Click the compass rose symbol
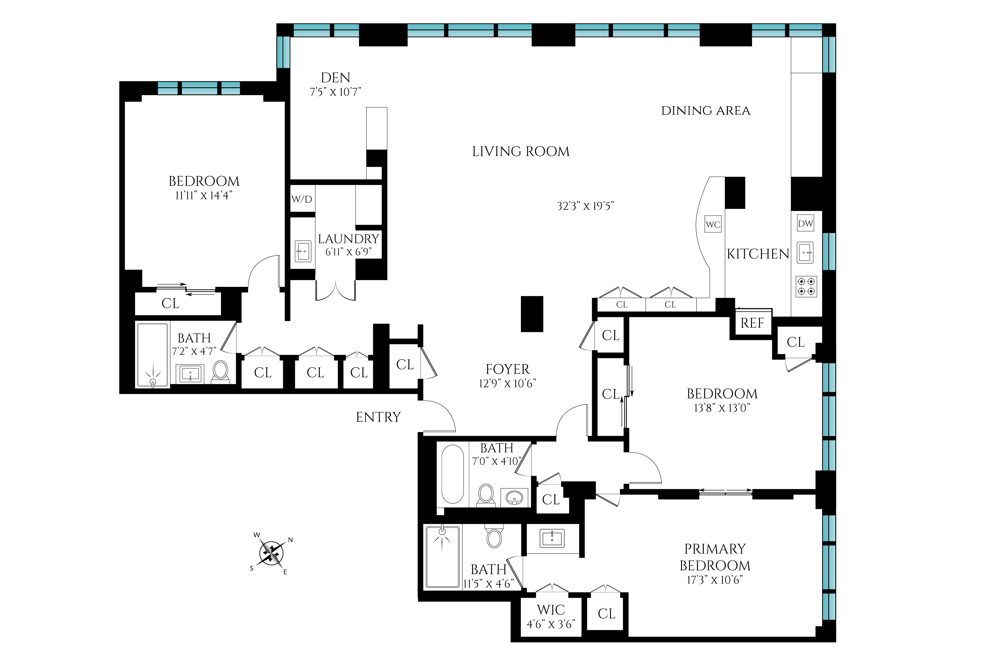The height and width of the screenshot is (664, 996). [x=271, y=553]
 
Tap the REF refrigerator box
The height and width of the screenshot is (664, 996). [x=752, y=323]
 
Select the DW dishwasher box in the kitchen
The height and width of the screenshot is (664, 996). [x=805, y=224]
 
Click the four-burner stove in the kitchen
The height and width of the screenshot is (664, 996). [x=806, y=286]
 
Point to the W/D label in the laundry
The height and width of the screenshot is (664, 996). [x=302, y=199]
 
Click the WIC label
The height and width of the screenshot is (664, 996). [x=551, y=610]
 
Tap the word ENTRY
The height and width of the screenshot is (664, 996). [x=378, y=417]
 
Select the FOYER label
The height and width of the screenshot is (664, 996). [x=507, y=369]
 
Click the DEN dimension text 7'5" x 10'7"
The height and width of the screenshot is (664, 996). [x=335, y=92]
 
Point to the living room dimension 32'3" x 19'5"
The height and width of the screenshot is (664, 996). [x=585, y=206]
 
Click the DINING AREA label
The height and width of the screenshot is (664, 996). [x=705, y=111]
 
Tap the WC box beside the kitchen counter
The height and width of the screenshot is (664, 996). [x=713, y=224]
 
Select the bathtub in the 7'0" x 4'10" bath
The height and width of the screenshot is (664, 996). [x=452, y=474]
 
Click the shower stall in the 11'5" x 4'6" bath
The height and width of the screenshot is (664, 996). [x=443, y=556]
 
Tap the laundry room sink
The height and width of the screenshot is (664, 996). [x=303, y=251]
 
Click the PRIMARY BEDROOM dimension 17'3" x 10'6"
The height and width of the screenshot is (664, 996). [x=715, y=580]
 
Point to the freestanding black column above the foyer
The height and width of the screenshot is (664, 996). [x=532, y=314]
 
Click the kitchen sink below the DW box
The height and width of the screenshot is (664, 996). [x=805, y=253]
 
